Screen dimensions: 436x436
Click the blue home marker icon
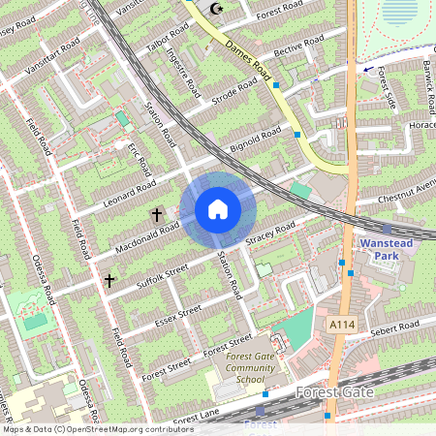click(218, 209)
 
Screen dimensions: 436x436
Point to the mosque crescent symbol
click(215, 9)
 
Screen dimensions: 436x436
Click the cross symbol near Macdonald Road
click(156, 213)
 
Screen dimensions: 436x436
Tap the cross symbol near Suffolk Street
click(109, 280)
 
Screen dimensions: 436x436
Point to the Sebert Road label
click(394, 327)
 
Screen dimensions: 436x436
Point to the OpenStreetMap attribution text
click(98, 428)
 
